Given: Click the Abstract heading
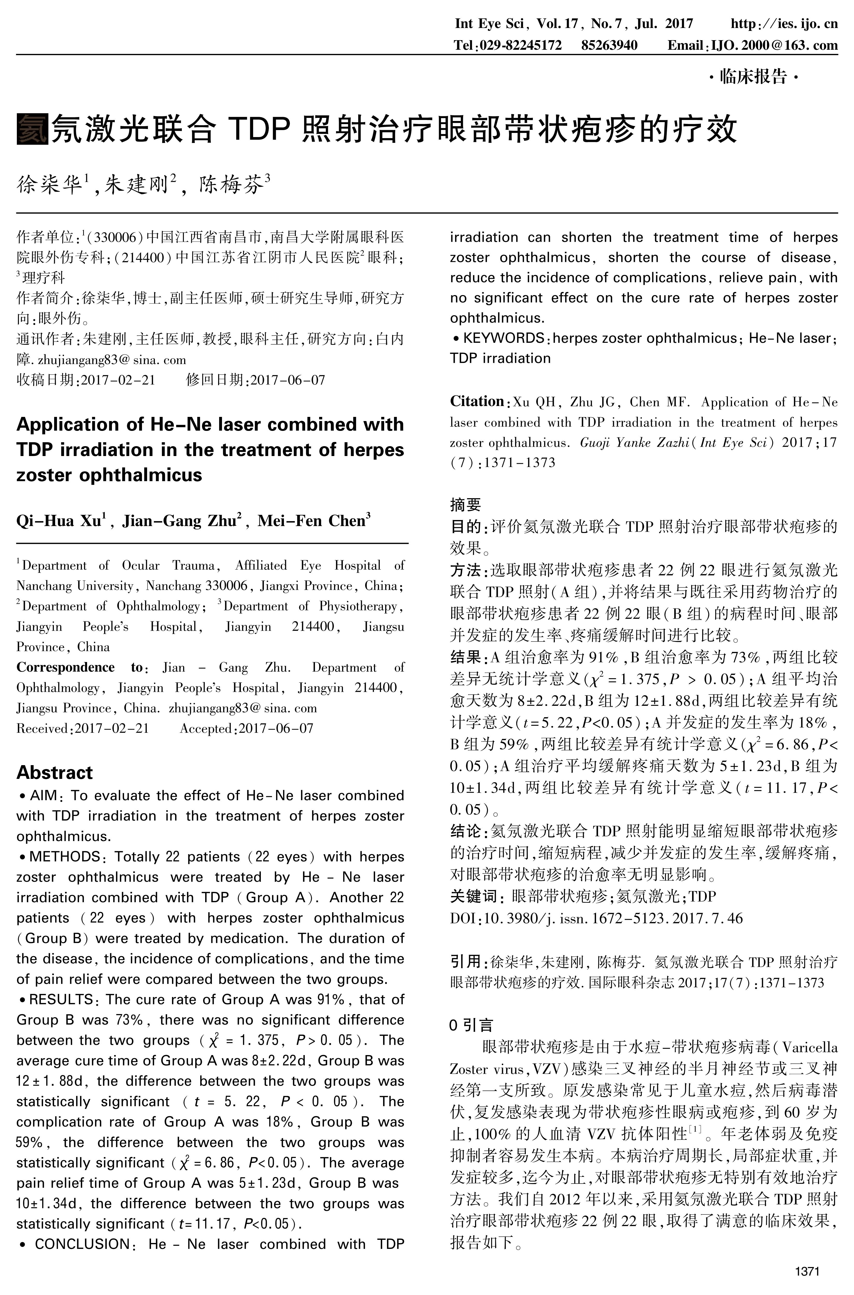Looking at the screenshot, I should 54,773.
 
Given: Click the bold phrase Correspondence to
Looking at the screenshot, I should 79,667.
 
